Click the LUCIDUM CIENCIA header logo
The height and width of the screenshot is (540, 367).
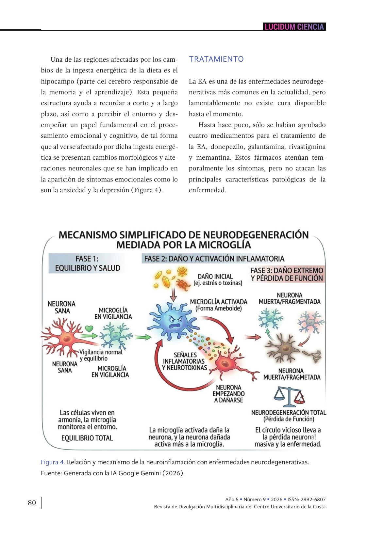(294, 27)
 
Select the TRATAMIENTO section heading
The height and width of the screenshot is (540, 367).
(216, 59)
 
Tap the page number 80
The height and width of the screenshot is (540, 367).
(32, 502)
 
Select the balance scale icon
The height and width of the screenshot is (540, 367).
(289, 396)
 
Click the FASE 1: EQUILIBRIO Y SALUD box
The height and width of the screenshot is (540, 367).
(87, 263)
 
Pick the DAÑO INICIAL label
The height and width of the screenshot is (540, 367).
(218, 279)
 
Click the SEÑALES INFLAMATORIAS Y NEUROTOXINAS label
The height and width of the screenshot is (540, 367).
(184, 361)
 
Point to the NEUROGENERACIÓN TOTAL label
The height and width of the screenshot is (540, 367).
(289, 415)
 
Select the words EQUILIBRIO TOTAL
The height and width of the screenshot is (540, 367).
(87, 438)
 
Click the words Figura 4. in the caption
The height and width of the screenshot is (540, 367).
(53, 462)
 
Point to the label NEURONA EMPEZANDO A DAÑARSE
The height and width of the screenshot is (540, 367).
(228, 394)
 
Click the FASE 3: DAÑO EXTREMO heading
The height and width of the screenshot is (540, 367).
(287, 274)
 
